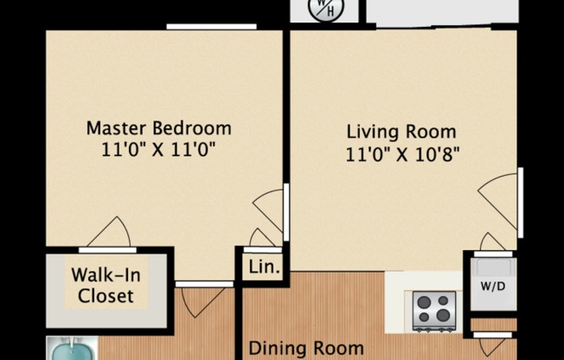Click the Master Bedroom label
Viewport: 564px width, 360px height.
pyautogui.click(x=158, y=128)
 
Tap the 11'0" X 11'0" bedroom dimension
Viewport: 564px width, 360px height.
pyautogui.click(x=158, y=149)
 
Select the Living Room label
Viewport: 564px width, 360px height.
pyautogui.click(x=401, y=132)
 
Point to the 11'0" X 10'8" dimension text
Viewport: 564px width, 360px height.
pyautogui.click(x=401, y=156)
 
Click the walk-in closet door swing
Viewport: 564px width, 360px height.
pyautogui.click(x=109, y=234)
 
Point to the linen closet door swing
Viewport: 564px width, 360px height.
pyautogui.click(x=263, y=238)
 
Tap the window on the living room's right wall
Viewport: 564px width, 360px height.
pyautogui.click(x=521, y=201)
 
